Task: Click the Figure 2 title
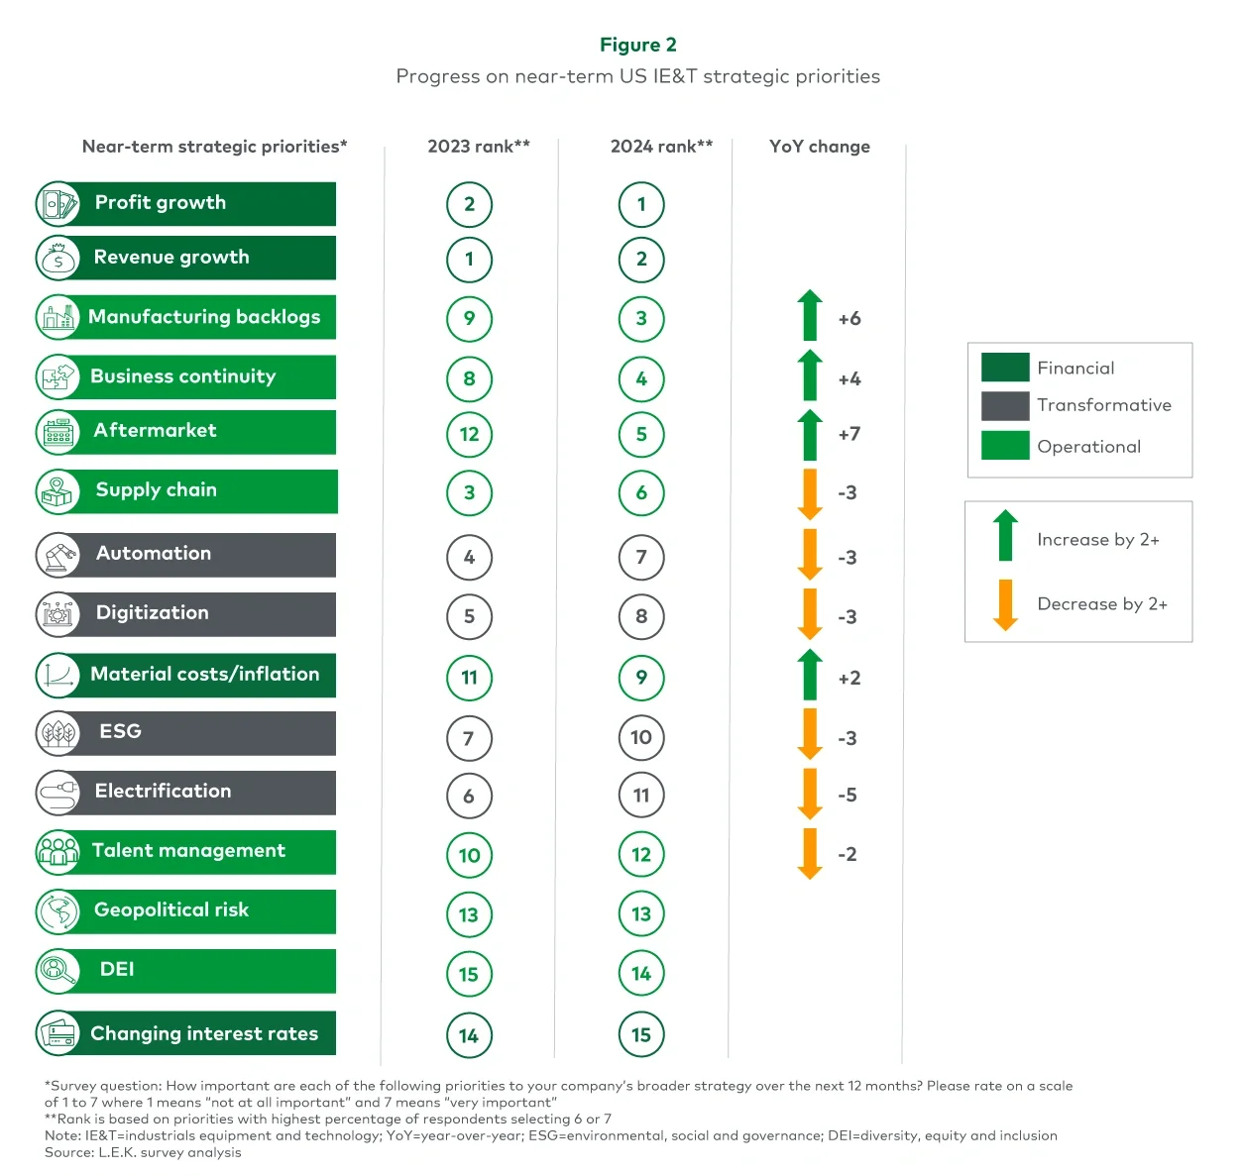637,45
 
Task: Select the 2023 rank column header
478,147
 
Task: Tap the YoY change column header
819,147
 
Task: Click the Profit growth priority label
161,203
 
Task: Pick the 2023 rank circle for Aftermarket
469,434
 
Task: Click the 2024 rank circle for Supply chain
641,492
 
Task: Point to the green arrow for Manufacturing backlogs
810,315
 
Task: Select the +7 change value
849,434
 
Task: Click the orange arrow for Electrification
810,794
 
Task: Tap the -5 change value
847,795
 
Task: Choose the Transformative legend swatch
1004,406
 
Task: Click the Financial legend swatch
1004,368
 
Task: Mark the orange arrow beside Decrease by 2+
1005,604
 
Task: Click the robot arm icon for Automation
58,555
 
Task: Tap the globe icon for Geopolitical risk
58,911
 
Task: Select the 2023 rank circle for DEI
469,974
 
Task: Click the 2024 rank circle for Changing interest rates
641,1035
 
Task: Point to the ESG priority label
120,731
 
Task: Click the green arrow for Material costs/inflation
810,675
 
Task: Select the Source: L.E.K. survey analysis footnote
143,1152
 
